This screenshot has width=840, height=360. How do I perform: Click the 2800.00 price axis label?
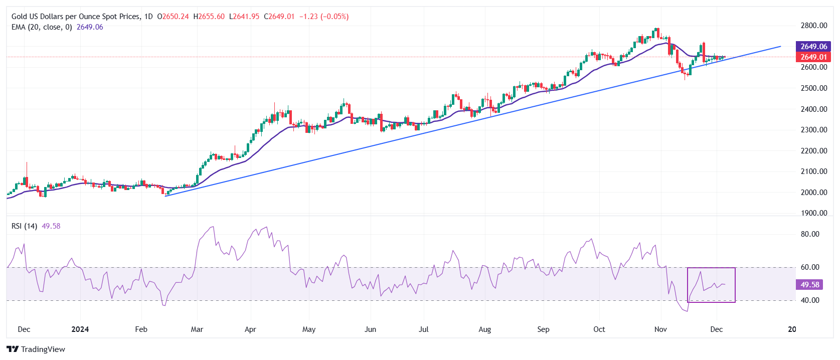point(813,26)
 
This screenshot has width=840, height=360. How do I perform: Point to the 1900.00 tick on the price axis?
point(813,213)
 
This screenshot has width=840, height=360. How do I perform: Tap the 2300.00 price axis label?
point(813,130)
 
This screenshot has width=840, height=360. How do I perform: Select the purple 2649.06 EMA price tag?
point(813,47)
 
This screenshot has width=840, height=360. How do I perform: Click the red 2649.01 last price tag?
point(813,57)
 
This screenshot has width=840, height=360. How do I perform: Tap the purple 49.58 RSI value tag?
point(809,285)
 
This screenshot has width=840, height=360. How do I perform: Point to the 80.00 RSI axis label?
point(809,234)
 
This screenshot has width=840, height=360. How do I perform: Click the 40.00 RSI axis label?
point(809,300)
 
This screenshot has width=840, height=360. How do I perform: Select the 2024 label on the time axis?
point(80,329)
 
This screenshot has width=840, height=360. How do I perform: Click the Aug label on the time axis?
point(484,329)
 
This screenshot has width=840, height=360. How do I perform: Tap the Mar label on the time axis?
point(197,329)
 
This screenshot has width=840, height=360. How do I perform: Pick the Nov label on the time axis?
point(660,329)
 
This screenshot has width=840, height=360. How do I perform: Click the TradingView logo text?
point(43,349)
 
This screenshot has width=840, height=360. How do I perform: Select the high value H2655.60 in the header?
point(209,17)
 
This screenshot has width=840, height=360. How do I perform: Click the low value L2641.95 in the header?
point(244,17)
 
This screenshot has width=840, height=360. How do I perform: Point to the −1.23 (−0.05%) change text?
point(324,17)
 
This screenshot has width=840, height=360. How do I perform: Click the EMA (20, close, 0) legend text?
point(42,27)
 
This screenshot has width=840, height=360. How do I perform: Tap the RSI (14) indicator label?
point(24,226)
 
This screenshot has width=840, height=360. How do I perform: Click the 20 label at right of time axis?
point(792,329)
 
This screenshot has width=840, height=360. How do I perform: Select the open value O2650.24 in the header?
point(173,17)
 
